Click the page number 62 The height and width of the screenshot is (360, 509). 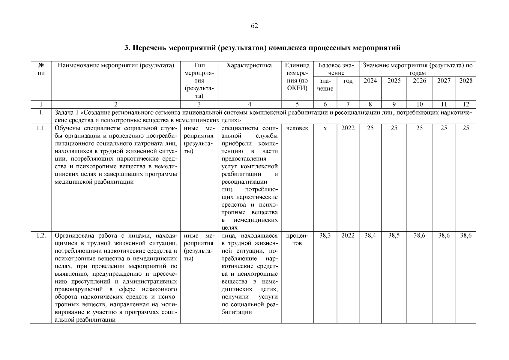(254, 26)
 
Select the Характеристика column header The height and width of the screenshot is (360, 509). (249, 65)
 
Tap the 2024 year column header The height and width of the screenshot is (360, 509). (370, 81)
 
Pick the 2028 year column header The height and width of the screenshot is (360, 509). (466, 81)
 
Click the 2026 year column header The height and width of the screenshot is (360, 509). (419, 81)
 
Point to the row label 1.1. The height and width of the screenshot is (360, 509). (41, 128)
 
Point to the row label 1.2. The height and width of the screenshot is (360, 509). (41, 235)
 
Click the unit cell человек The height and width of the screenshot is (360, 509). (297, 128)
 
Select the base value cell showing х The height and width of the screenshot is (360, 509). (325, 128)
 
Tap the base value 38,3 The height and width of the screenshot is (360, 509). (325, 235)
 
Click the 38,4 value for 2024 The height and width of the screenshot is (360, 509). (370, 235)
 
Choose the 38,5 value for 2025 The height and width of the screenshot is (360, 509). (394, 235)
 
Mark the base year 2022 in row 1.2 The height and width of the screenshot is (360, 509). (348, 235)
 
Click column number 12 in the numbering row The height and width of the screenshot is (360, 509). (466, 104)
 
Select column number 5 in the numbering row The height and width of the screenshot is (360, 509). (297, 104)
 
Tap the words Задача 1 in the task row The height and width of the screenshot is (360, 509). (67, 113)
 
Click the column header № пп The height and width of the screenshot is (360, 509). (41, 69)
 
